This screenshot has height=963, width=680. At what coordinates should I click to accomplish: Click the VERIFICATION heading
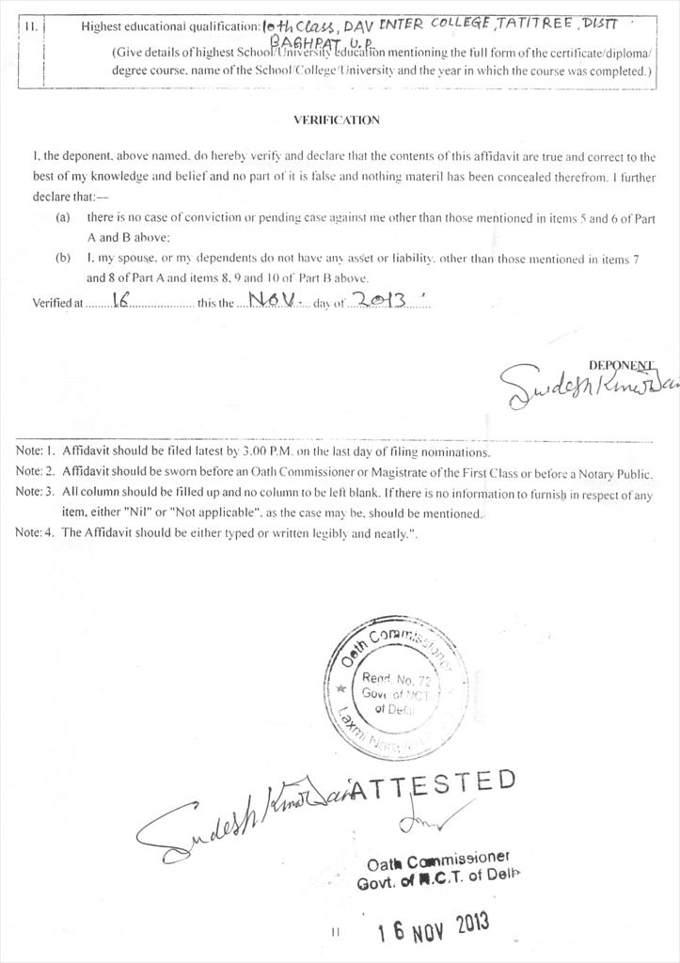click(x=336, y=120)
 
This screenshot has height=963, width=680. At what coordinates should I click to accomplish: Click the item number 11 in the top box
click(x=29, y=26)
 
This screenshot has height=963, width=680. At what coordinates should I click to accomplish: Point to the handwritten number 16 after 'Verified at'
click(x=119, y=300)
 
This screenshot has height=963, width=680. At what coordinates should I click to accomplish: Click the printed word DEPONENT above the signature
click(x=621, y=365)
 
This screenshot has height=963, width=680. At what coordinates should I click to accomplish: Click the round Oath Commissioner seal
click(x=396, y=688)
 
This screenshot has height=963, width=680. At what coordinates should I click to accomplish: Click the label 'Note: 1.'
click(x=36, y=451)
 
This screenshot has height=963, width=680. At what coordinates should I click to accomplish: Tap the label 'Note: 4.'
click(x=36, y=532)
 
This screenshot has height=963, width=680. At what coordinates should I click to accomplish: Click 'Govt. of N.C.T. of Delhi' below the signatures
click(x=437, y=883)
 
